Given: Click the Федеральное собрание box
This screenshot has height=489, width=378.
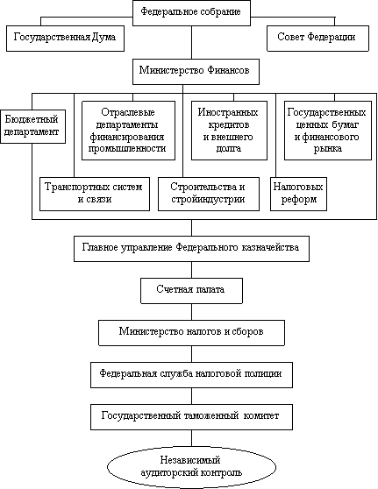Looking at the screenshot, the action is click(x=192, y=13).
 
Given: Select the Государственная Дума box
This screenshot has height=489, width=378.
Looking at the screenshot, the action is click(x=65, y=39).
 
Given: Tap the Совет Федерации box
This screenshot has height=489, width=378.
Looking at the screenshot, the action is click(x=317, y=39).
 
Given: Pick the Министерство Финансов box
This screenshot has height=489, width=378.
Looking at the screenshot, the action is click(x=196, y=72).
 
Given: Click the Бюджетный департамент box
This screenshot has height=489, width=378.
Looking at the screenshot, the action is click(x=32, y=126).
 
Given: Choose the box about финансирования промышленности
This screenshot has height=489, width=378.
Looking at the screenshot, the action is click(x=128, y=131).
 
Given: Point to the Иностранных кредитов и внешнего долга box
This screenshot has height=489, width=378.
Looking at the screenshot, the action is click(x=229, y=131).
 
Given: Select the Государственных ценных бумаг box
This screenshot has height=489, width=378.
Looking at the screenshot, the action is click(x=328, y=131).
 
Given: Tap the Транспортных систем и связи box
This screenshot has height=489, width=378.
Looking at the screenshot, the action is click(x=95, y=194).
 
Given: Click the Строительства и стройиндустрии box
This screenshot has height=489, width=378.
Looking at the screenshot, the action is click(x=209, y=194).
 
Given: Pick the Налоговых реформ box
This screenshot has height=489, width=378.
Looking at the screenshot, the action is click(x=298, y=194).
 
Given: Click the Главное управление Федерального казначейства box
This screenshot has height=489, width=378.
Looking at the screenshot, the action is click(x=192, y=249).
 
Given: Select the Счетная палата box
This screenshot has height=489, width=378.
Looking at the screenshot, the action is click(x=192, y=291).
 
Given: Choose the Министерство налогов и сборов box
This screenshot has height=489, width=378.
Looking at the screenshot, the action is click(x=192, y=333).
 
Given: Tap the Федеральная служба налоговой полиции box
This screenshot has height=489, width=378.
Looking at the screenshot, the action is click(x=192, y=375).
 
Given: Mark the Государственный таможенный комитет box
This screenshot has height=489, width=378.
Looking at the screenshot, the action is click(x=192, y=417).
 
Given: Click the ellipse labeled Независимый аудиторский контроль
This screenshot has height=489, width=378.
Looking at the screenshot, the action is click(x=192, y=467).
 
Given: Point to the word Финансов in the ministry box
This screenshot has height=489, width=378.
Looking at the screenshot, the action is click(x=228, y=70).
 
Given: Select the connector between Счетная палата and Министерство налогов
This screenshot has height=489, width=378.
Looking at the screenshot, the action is click(x=192, y=312).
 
